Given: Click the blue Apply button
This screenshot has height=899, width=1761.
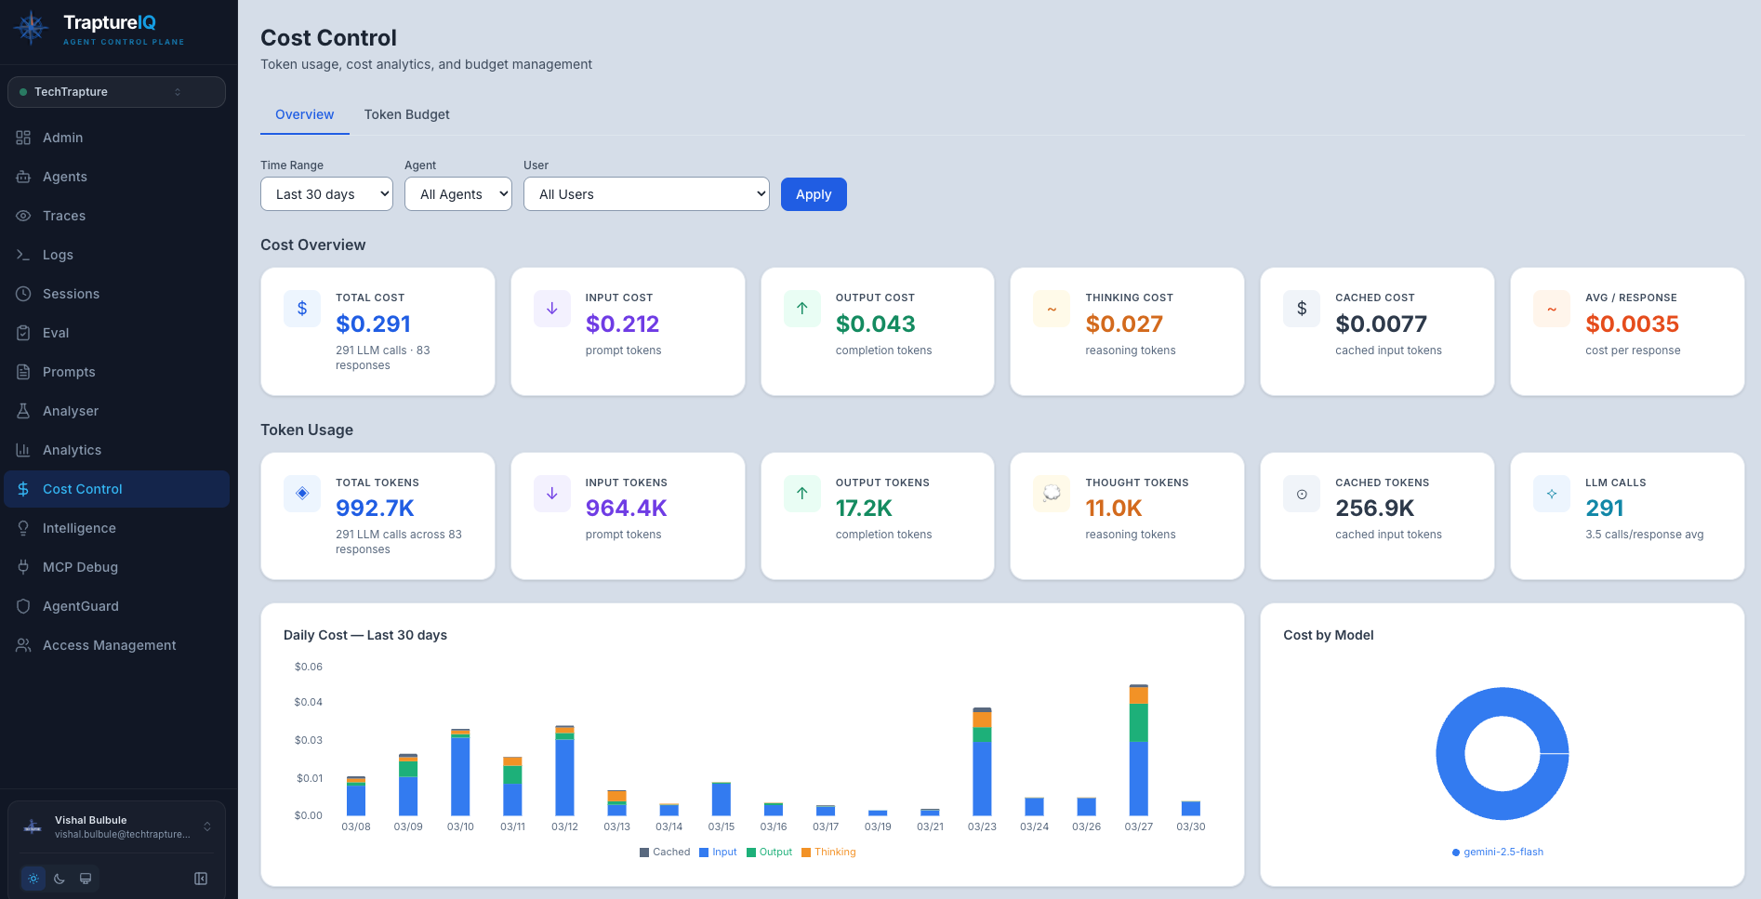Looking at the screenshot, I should pos(813,194).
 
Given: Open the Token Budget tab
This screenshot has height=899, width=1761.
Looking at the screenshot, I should pos(406,114).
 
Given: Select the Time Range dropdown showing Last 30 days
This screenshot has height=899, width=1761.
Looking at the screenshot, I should pos(326,194).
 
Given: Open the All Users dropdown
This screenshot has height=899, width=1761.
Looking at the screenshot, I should pos(646,194).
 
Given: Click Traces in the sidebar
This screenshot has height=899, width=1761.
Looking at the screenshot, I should pos(64,216).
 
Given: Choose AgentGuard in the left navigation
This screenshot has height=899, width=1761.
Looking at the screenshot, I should pos(81,606).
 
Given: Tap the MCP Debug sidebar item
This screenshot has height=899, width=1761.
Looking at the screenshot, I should pos(80,567).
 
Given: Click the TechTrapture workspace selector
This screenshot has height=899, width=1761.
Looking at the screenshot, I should pos(116,92).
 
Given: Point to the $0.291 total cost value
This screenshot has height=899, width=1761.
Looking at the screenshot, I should pos(373,324).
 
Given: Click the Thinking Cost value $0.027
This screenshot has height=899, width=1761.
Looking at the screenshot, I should pos(1123,324).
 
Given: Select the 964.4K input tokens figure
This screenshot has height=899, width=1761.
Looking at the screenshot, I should pos(626,508).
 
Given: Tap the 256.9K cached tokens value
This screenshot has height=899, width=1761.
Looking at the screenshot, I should pos(1374,508).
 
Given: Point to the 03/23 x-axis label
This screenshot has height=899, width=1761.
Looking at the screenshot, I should pos(982,826).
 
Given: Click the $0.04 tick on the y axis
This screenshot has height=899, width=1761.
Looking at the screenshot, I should pos(308,702).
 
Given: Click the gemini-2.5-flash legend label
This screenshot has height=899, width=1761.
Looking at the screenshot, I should pos(1503,852).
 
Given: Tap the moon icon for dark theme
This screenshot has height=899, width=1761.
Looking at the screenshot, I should pos(60,879).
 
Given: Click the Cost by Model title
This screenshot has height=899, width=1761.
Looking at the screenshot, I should pos(1328,635).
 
